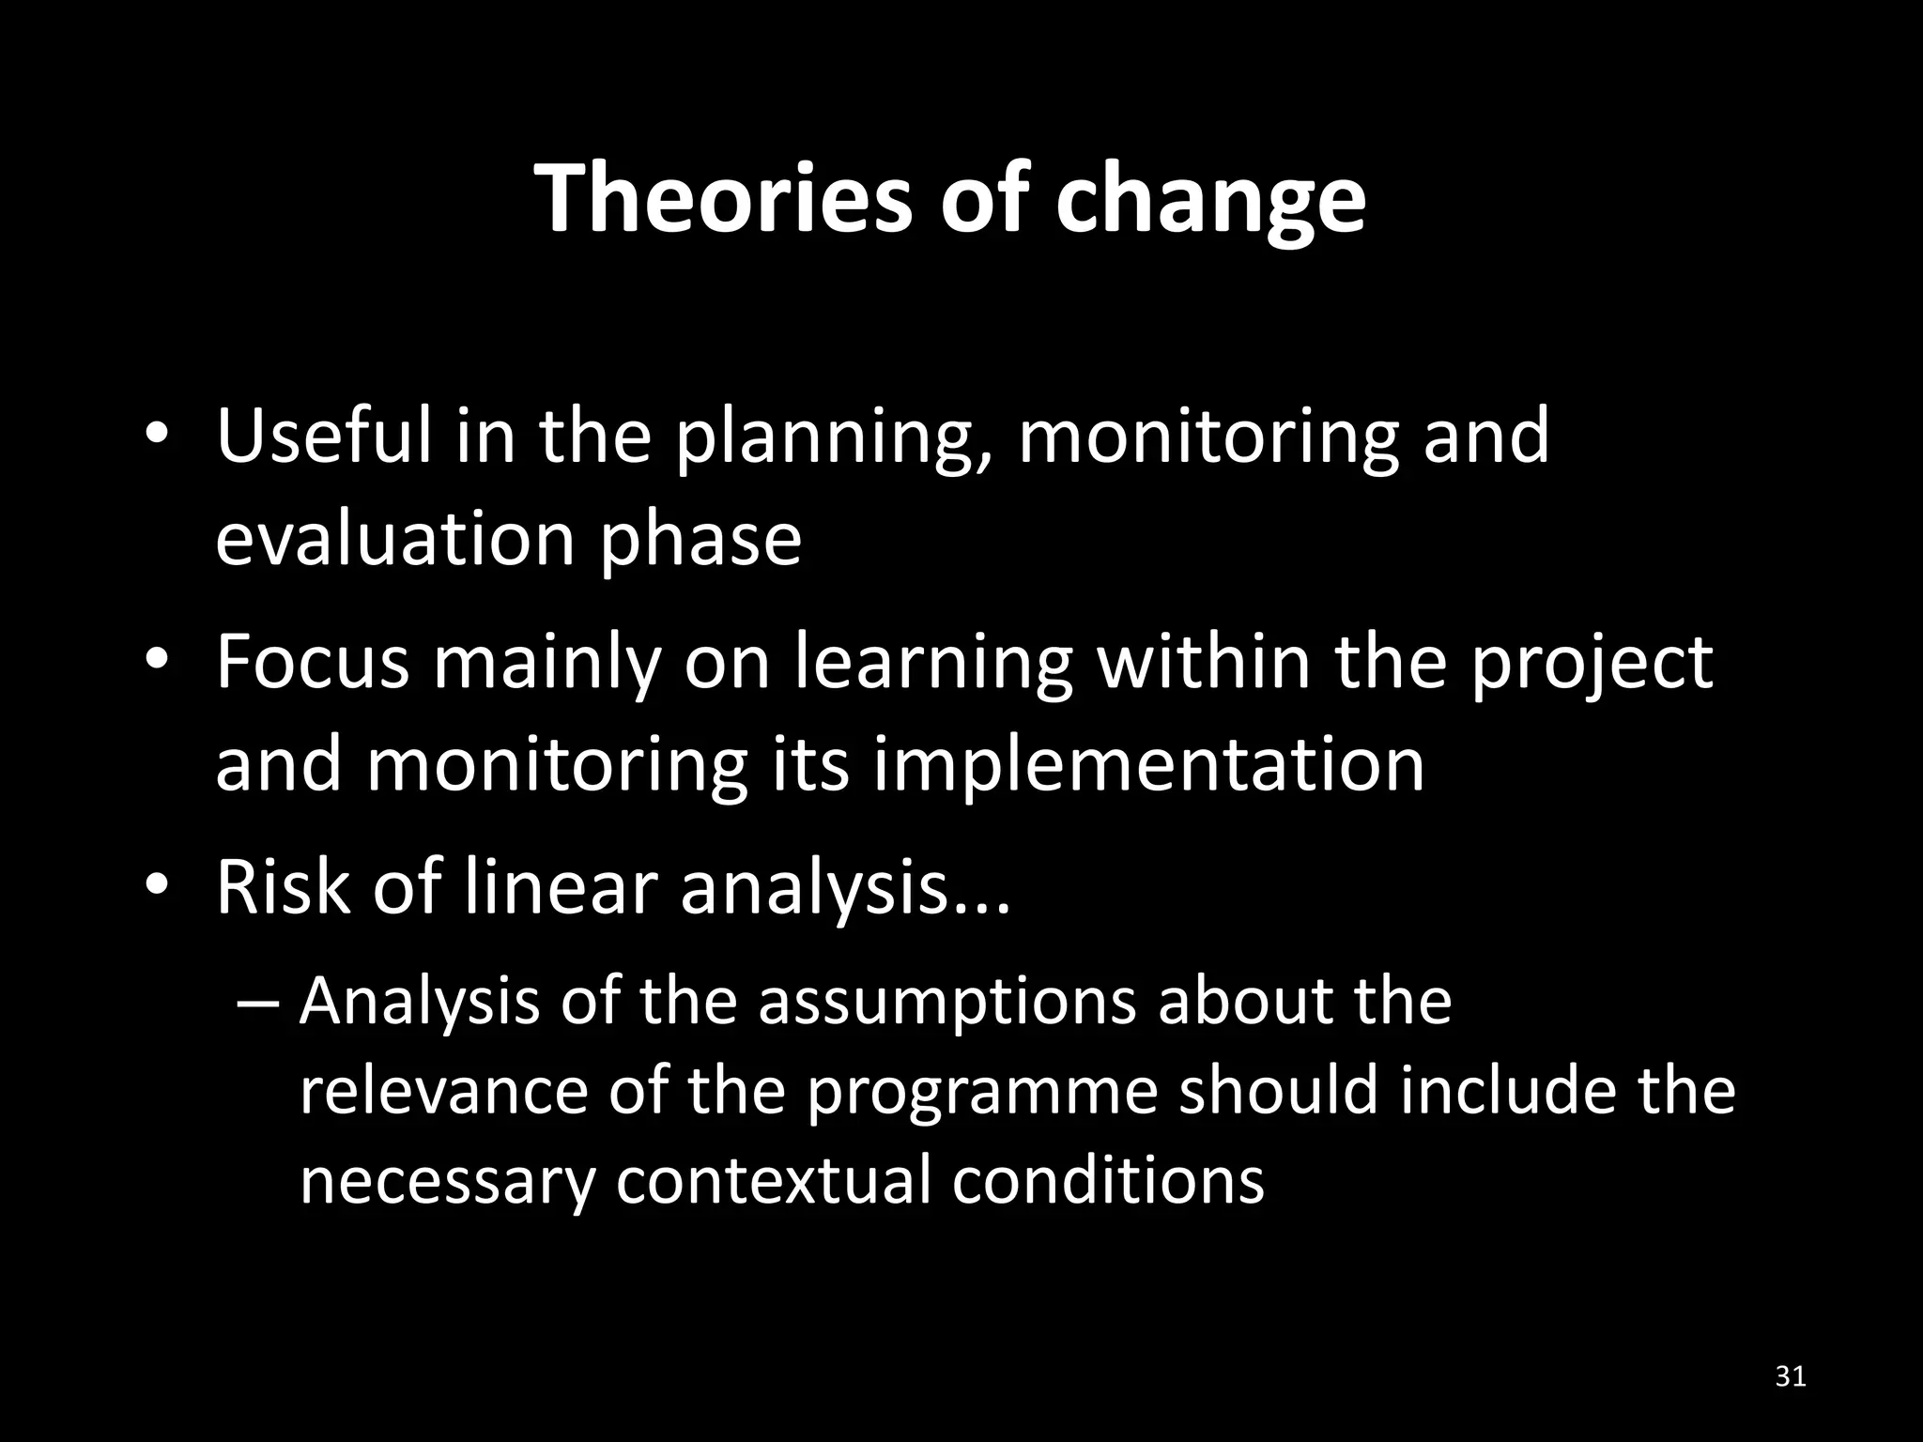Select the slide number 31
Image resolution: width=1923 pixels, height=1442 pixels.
pos(1791,1376)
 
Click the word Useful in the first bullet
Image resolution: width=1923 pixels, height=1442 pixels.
pos(321,437)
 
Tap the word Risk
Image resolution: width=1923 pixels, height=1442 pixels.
pos(281,887)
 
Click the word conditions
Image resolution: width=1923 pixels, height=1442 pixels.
pos(1108,1180)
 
